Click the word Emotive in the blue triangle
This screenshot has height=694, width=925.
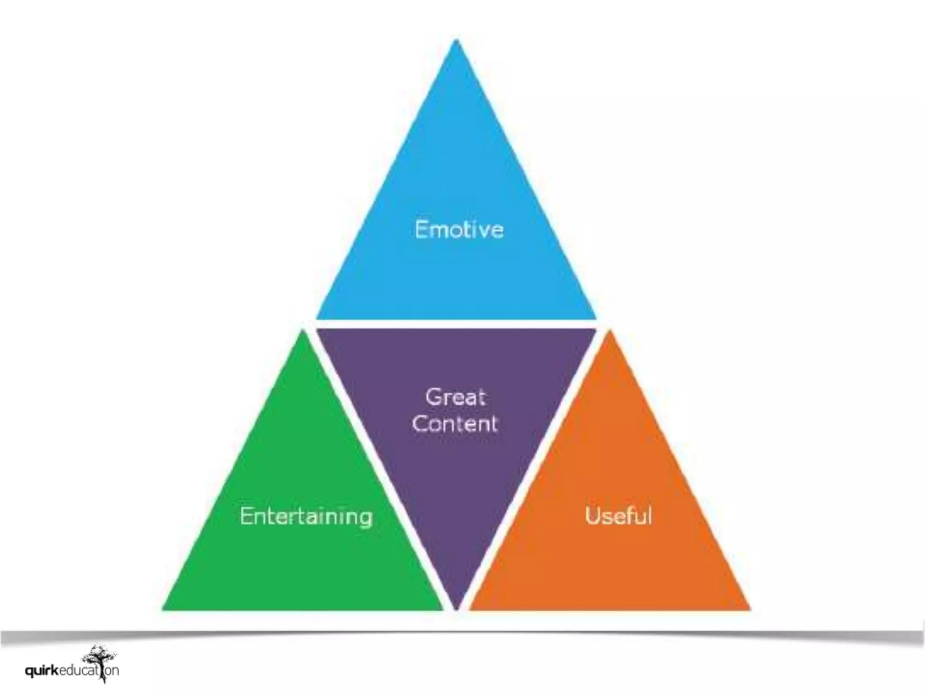pos(459,229)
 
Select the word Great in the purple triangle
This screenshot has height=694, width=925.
pos(455,398)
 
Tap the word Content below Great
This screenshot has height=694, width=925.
pos(454,424)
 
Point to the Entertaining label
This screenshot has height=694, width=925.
pos(306,516)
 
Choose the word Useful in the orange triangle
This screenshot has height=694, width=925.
pos(618,515)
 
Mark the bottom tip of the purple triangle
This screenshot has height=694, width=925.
pos(456,608)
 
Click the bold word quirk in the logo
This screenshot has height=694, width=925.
pos(42,671)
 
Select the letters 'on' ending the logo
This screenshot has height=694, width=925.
pos(112,670)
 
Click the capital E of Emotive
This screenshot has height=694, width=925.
pos(421,229)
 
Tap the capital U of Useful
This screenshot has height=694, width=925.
pos(592,515)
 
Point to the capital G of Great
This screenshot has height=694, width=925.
pos(433,398)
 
